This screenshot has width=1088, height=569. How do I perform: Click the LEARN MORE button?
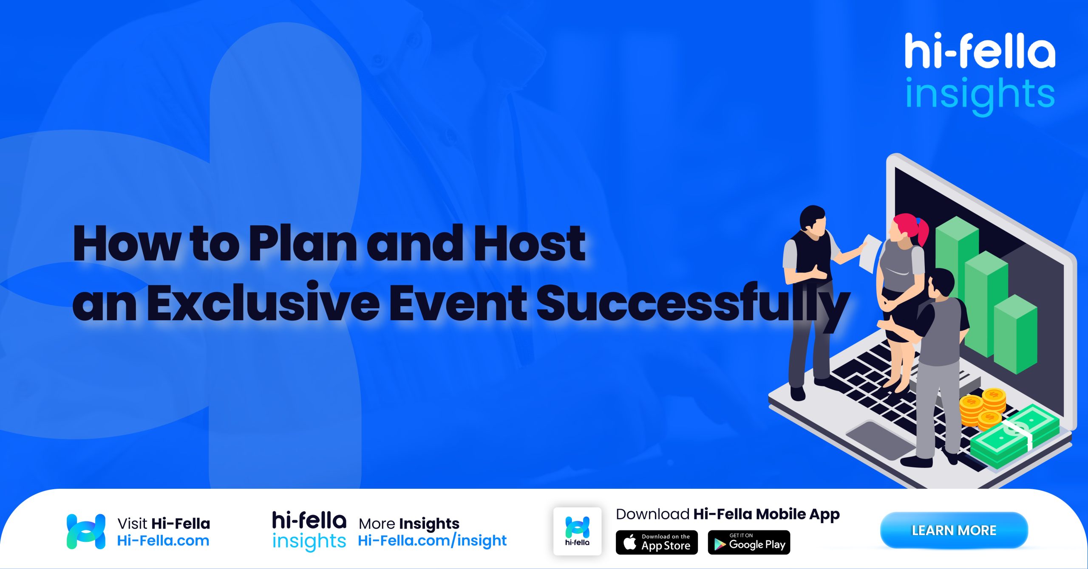(954, 530)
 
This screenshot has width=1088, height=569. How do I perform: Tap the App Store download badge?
(657, 542)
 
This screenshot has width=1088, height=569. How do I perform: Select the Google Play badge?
(748, 542)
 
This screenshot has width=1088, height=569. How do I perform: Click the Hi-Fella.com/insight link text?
(432, 541)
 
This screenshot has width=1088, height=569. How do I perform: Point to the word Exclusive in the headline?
(263, 303)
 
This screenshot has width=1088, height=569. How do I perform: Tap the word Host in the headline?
(529, 244)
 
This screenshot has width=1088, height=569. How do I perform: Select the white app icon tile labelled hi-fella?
(577, 531)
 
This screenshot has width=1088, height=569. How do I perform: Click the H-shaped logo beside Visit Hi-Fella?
(86, 531)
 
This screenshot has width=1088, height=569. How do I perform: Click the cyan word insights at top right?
(979, 94)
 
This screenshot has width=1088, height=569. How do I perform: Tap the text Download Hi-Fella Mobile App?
(728, 514)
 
